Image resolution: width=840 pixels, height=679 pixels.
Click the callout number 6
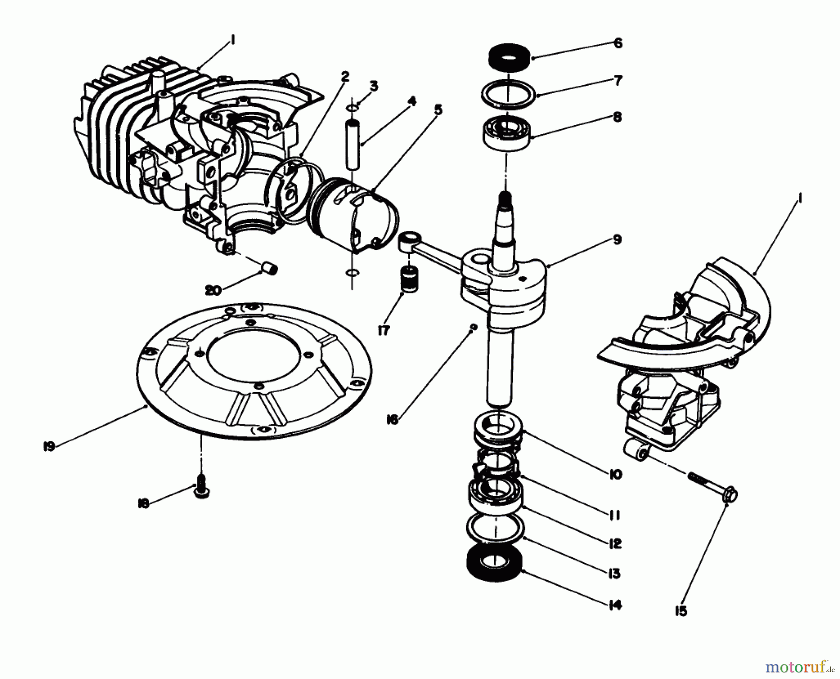(617, 43)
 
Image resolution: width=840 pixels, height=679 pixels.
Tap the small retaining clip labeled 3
(353, 108)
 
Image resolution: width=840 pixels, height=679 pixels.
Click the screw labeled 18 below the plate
(201, 492)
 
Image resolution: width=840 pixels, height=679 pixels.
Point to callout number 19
(49, 447)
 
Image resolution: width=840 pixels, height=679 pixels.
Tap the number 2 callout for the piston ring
(344, 76)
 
